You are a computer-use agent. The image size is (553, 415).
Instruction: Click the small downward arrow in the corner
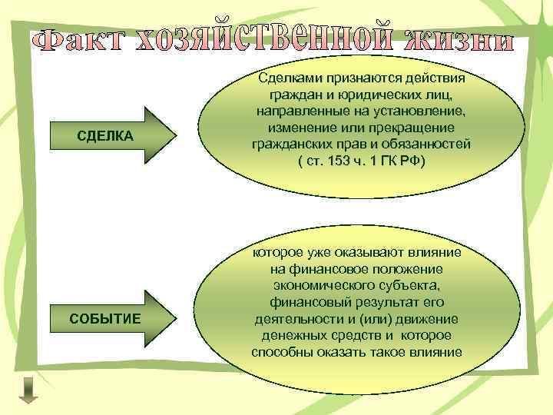click(x=28, y=389)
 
